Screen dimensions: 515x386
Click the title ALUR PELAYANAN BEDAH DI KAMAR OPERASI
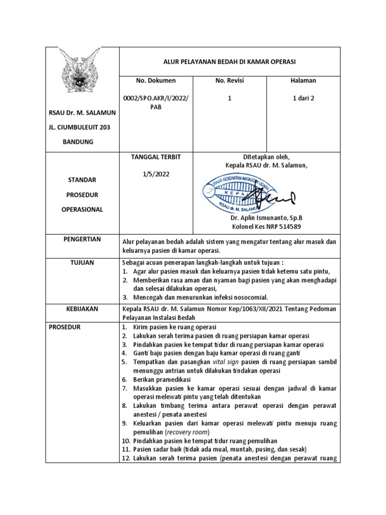(230, 61)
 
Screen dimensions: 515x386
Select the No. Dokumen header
(156, 80)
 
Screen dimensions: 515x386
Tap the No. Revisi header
(229, 80)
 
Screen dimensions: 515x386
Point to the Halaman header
(303, 80)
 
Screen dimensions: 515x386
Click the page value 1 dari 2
(303, 99)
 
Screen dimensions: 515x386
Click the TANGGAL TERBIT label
(156, 157)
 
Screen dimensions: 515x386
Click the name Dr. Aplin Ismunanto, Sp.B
(266, 218)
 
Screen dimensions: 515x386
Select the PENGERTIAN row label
(82, 240)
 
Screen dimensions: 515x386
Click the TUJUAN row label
(82, 262)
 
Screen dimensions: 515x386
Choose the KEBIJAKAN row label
(82, 308)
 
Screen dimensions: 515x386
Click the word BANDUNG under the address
(78, 142)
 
